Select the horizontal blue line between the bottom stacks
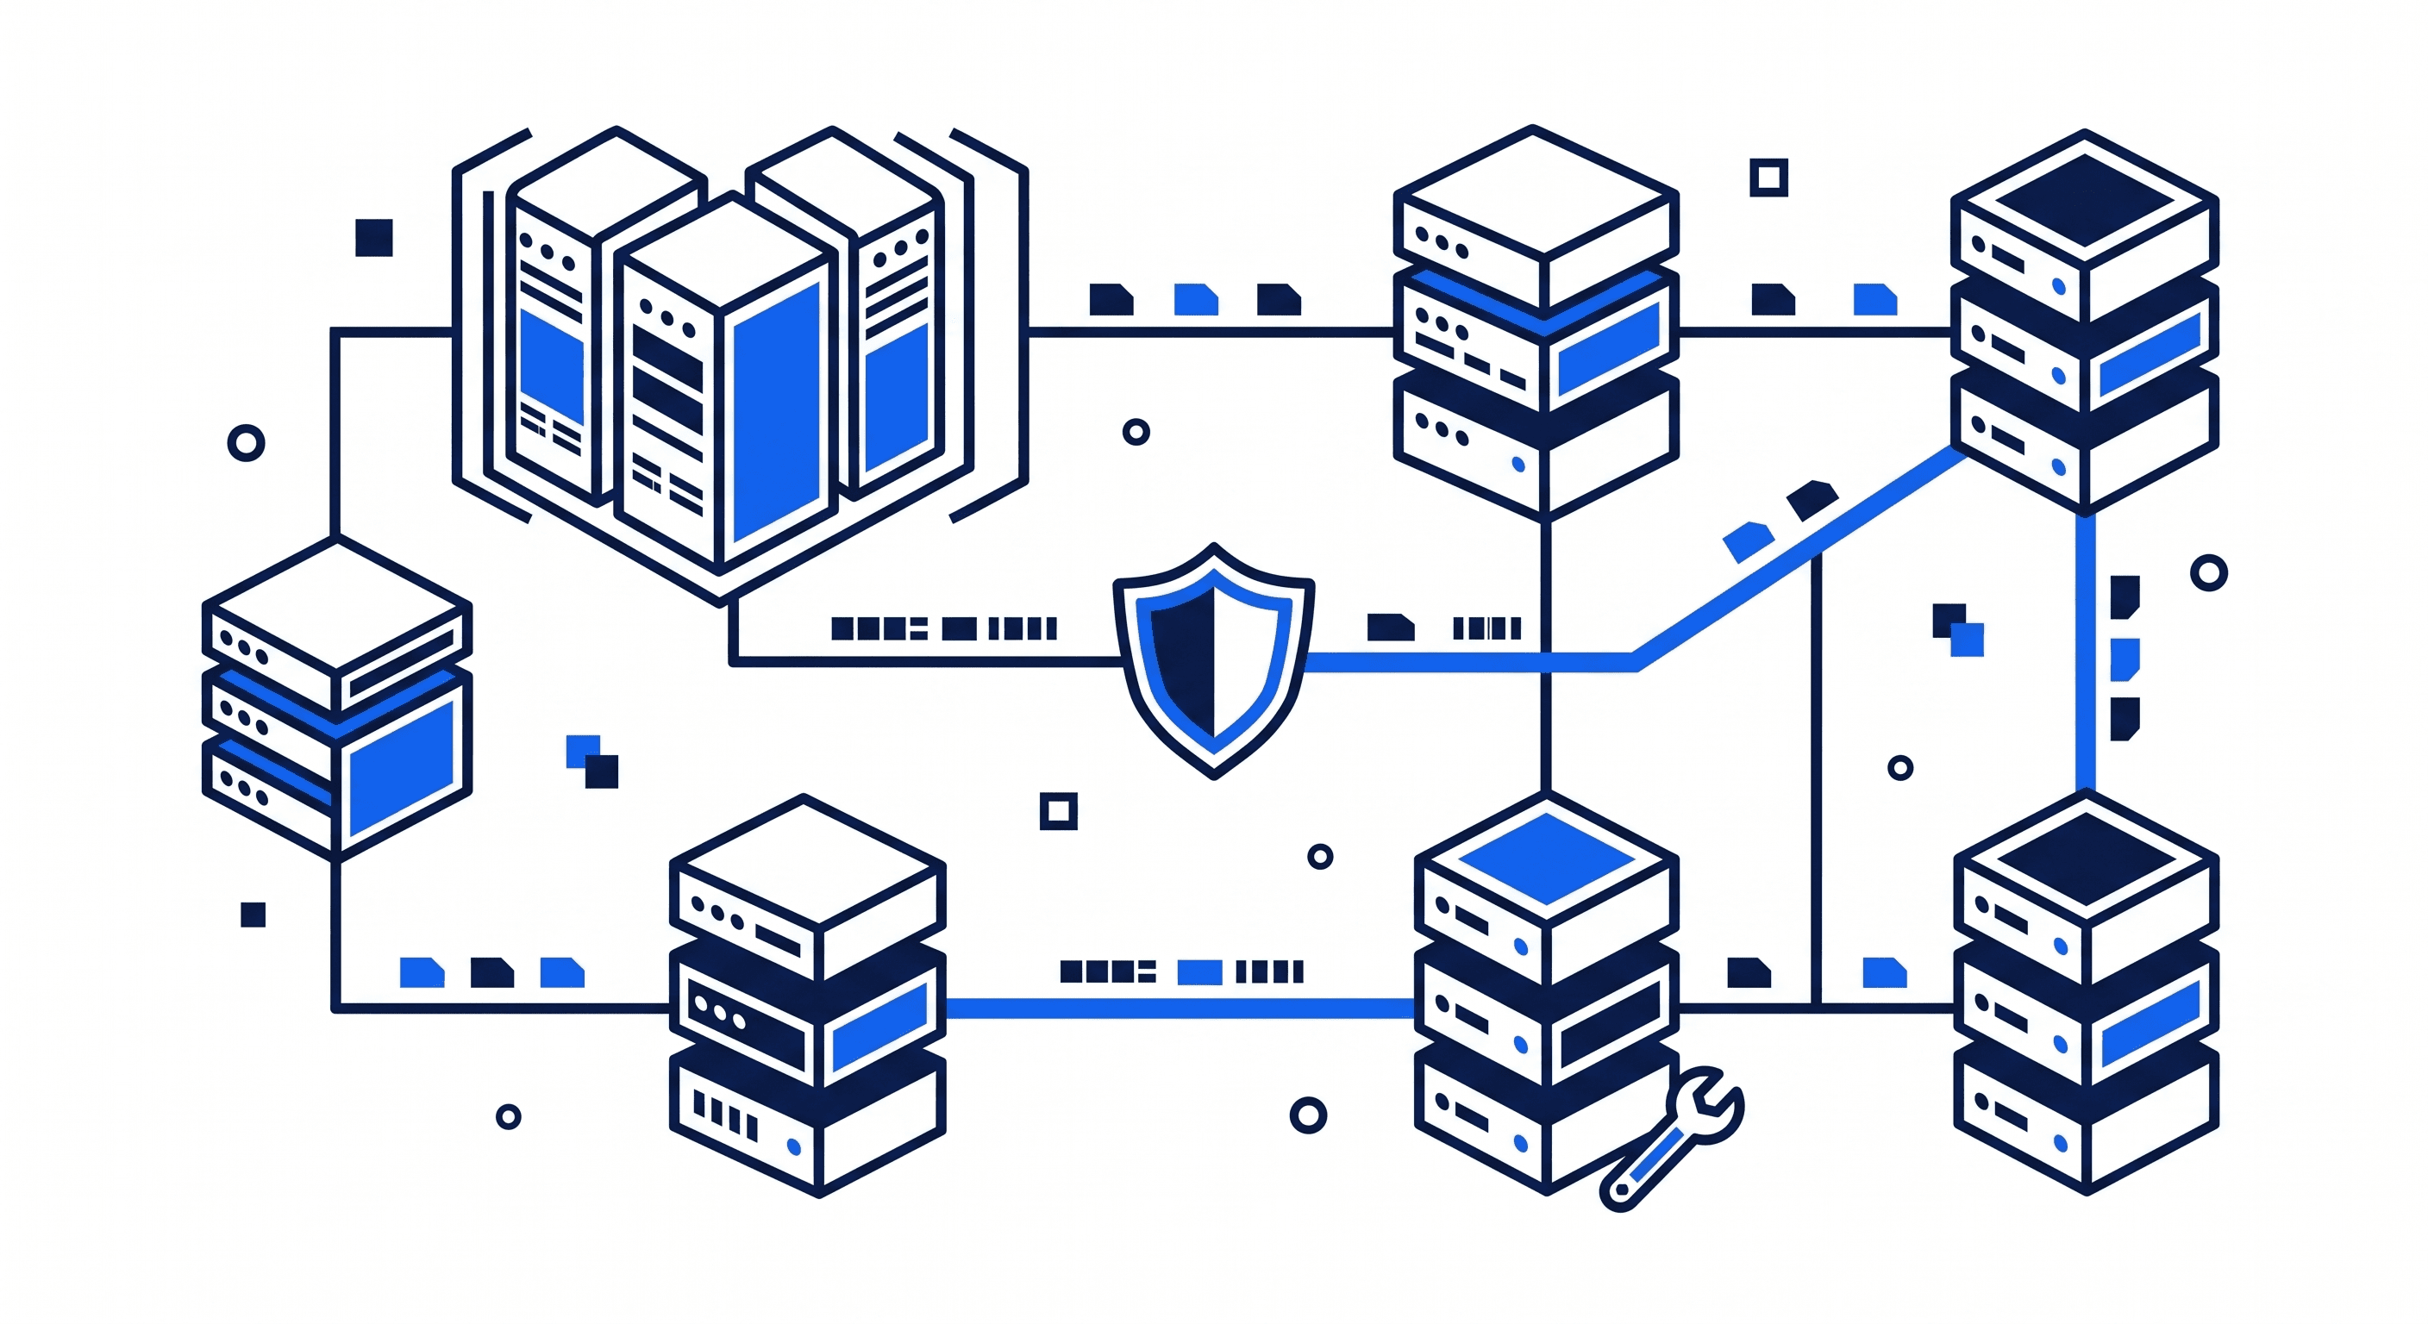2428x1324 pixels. [x=1178, y=1009]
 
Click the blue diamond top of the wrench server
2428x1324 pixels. [x=1546, y=859]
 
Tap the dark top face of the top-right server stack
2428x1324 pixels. [x=2084, y=199]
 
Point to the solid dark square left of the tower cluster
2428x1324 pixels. [x=373, y=237]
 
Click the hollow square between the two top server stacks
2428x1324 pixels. [x=1768, y=178]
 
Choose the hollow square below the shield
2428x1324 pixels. [x=1058, y=810]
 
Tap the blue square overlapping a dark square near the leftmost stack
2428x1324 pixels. [x=580, y=750]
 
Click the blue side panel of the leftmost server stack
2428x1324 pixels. [x=402, y=768]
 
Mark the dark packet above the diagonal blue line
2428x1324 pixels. [x=1812, y=499]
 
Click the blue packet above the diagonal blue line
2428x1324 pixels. [x=1748, y=542]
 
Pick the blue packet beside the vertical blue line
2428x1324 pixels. [x=2124, y=658]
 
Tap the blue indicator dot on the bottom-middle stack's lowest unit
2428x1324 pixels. [x=793, y=1146]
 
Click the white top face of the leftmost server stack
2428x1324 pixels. [x=336, y=603]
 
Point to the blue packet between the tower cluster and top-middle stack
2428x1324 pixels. [x=1195, y=300]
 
